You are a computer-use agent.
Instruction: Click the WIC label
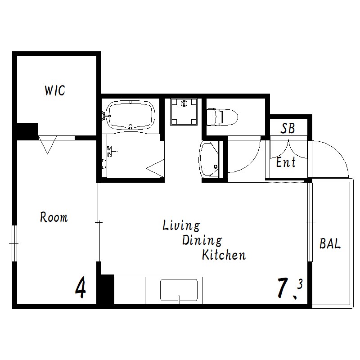point(55,90)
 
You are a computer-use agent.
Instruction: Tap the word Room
point(54,217)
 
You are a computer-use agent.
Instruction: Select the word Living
point(181,226)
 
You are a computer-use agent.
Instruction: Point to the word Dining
point(202,240)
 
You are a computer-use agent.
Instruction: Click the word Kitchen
point(224,255)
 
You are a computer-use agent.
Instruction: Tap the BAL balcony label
point(330,243)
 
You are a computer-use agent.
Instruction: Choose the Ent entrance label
point(286,162)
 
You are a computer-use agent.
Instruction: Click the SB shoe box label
point(288,128)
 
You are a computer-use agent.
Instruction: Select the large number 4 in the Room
point(81,287)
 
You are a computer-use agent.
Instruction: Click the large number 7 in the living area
point(283,288)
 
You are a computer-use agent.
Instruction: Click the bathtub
point(130,115)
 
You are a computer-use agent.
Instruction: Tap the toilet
point(222,117)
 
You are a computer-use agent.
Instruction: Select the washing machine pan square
point(184,112)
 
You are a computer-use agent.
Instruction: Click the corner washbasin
point(209,159)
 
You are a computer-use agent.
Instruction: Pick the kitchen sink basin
point(179,290)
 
